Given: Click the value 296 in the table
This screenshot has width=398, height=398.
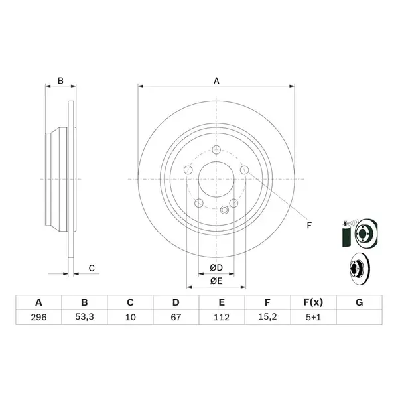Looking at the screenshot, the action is pyautogui.click(x=38, y=317).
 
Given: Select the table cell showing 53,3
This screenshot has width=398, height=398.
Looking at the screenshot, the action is pyautogui.click(x=84, y=317).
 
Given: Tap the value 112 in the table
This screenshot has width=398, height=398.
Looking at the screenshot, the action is pyautogui.click(x=222, y=317).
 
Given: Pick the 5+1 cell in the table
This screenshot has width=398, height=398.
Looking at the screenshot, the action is pyautogui.click(x=314, y=317).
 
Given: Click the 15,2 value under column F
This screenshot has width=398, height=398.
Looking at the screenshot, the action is pyautogui.click(x=267, y=317).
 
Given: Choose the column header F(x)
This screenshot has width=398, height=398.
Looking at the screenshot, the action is pyautogui.click(x=314, y=302).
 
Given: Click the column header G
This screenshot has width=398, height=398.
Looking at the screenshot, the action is pyautogui.click(x=359, y=302).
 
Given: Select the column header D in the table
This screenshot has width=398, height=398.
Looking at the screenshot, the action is pyautogui.click(x=176, y=302).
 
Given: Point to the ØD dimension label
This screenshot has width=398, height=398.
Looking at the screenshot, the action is pyautogui.click(x=216, y=267).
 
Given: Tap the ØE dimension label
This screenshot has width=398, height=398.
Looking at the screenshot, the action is pyautogui.click(x=216, y=281).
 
